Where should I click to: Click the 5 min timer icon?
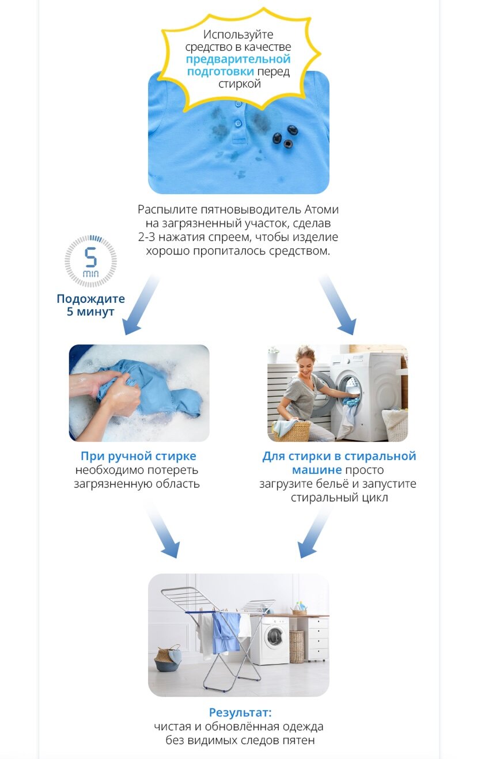[x=91, y=261]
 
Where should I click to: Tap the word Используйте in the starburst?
[x=238, y=34]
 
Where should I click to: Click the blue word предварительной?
[x=238, y=59]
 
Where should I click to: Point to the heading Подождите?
[x=90, y=298]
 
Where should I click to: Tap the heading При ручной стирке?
[x=138, y=456]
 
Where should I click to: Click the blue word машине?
[x=317, y=470]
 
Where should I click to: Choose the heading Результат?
[x=240, y=712]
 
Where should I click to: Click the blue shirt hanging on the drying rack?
[x=225, y=633]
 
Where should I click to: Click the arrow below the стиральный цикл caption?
[x=315, y=532]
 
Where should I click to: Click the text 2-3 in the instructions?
[x=146, y=237]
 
